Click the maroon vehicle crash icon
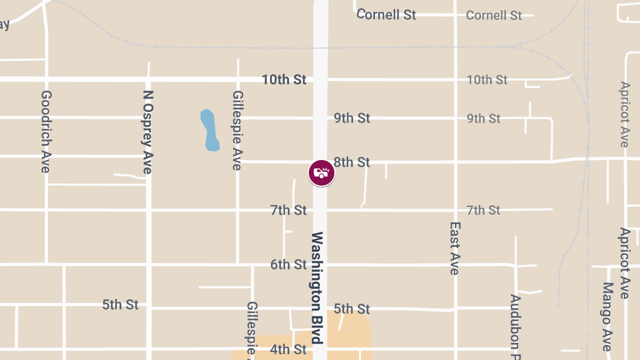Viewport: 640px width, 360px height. pos(322,173)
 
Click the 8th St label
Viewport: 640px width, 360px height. pos(351,162)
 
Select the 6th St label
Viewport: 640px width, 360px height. pos(289,265)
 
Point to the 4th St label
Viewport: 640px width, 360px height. pos(289,350)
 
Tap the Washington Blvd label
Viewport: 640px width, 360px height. pos(317,287)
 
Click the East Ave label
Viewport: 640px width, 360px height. pos(454,249)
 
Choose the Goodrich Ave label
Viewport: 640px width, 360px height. pos(46,131)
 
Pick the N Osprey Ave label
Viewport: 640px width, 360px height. pos(148,131)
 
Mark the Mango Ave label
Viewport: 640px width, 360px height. pos(607,317)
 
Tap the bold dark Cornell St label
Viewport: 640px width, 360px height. pos(387,14)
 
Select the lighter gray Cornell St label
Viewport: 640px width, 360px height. pos(494,15)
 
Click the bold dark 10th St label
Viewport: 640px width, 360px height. pos(284,80)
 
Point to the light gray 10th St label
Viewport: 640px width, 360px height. pos(487,80)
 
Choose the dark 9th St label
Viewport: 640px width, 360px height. pos(352,118)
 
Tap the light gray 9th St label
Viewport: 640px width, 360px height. pos(484,118)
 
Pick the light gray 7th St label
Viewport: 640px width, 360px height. pos(483,211)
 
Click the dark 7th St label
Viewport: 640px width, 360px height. pos(289,211)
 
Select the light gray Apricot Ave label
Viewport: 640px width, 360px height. pos(625,114)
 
